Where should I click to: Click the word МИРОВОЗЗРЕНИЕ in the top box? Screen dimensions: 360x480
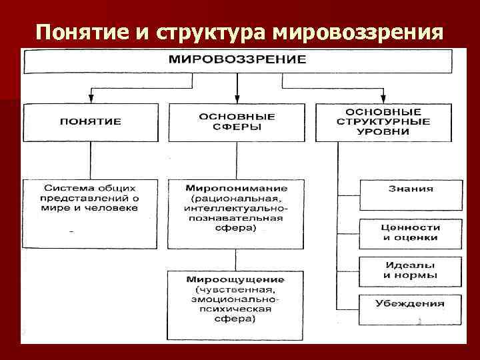tap(237, 59)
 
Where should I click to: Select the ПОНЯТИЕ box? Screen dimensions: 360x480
tap(91, 121)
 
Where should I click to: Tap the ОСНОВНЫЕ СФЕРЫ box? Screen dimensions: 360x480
tap(237, 121)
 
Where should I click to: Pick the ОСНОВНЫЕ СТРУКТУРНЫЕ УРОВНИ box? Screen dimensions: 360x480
tap(387, 121)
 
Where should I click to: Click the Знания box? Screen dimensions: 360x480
tap(410, 189)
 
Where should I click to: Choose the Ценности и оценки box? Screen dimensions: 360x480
tap(410, 232)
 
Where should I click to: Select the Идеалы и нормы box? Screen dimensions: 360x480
tap(410, 270)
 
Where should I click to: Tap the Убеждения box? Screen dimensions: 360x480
tap(410, 303)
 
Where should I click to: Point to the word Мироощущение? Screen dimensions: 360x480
tap(235, 279)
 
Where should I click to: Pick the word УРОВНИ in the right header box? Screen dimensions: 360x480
tap(387, 132)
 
